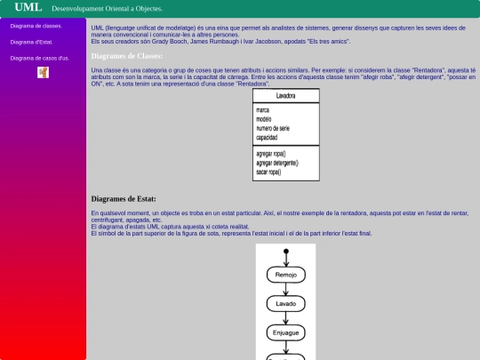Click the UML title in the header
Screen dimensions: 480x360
(x=28, y=7)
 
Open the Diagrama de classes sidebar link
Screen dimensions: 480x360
(x=36, y=26)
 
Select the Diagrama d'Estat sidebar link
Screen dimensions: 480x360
(x=32, y=42)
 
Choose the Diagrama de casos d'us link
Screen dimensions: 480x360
(x=40, y=58)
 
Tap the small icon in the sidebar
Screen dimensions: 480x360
(x=43, y=72)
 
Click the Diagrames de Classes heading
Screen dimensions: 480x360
(x=126, y=56)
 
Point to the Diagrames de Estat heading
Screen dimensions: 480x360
(x=124, y=198)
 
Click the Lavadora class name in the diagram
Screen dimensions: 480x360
(x=286, y=94)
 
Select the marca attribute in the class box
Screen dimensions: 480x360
(x=263, y=110)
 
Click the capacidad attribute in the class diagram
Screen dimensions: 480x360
(x=267, y=138)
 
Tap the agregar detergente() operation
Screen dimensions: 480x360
(x=276, y=163)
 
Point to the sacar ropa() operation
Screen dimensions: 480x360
(x=268, y=172)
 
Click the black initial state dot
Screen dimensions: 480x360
(x=286, y=252)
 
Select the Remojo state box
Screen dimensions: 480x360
(x=286, y=275)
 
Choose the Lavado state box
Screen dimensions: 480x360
(x=286, y=303)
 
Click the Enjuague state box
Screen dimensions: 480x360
(x=286, y=332)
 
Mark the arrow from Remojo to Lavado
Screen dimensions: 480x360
(x=286, y=289)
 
